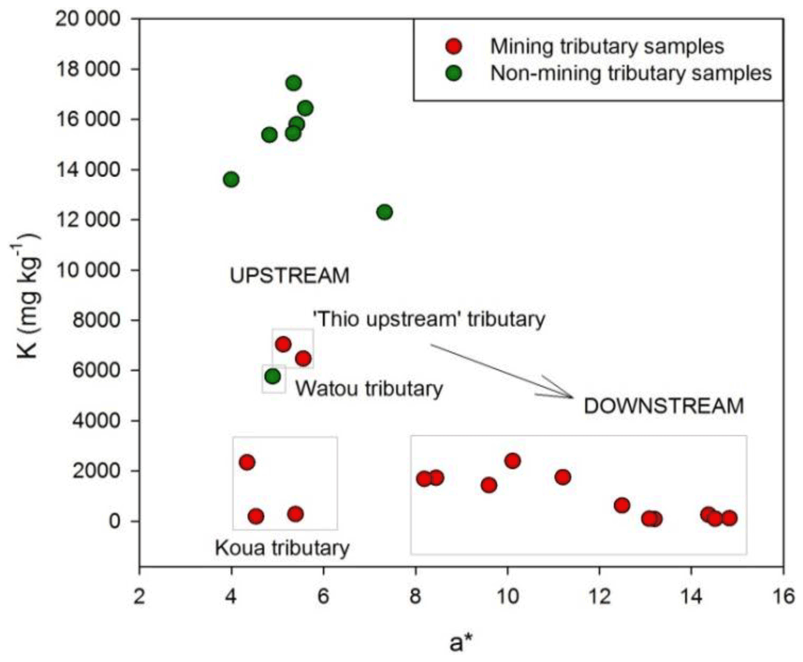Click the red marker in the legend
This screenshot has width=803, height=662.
pos(453,46)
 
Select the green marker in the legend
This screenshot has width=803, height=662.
pos(453,73)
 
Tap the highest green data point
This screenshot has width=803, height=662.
pos(294,83)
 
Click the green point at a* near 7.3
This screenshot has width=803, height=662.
pos(384,212)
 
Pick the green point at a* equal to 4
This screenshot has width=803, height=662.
pos(231,179)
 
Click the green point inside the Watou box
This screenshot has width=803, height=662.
pos(273,376)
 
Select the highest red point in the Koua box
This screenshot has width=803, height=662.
pos(247,462)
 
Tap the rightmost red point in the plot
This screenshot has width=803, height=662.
pos(729,518)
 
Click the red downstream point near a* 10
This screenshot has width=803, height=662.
pos(513,461)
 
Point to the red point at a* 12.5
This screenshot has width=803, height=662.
pos(622,505)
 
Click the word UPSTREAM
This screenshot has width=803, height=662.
pos(290,276)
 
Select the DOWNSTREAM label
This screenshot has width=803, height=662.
pos(664,406)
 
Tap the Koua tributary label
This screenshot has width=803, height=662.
pos(282,548)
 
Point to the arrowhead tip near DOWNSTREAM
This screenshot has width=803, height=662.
pos(572,397)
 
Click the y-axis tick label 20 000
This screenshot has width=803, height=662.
pos(87,19)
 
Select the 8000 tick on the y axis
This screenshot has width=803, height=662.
pos(96,320)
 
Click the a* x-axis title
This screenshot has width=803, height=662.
pos(461,643)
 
